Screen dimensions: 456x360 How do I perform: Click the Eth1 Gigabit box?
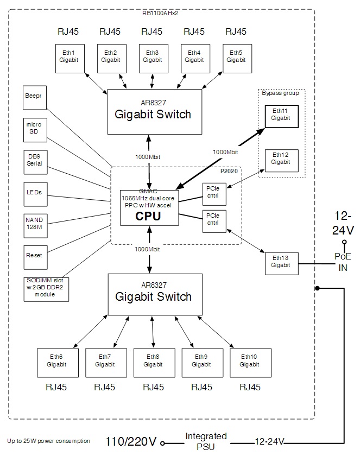69,56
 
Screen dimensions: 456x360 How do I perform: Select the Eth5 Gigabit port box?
236,56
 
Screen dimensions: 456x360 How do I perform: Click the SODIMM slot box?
47,287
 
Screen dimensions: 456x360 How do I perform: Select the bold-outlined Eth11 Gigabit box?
281,114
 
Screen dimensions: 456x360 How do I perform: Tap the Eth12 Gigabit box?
281,159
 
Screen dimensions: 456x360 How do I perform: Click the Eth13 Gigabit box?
281,261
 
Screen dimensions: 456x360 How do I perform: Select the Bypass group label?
280,93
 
